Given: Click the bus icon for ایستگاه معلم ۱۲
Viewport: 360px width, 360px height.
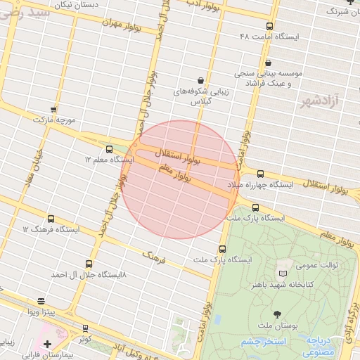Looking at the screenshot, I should coord(109,149).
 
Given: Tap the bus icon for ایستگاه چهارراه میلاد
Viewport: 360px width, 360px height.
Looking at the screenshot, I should coord(260,174).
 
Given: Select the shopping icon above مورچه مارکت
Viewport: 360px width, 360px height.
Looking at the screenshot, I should coord(53,110).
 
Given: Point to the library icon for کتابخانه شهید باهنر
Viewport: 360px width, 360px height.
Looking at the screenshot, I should coord(283,273).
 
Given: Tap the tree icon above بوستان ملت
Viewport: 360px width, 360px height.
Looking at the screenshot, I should coord(276,314).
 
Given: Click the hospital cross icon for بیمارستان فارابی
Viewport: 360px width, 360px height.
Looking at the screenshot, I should coord(47,344).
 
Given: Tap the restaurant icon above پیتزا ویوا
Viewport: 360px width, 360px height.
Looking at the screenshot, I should coord(41,302).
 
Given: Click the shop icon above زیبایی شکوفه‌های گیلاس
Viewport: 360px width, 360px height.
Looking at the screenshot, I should coord(202,80).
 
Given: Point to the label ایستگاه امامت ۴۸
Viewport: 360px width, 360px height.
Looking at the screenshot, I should coord(269,36).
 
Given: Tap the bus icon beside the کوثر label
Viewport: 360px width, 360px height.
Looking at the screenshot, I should coord(85,328).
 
